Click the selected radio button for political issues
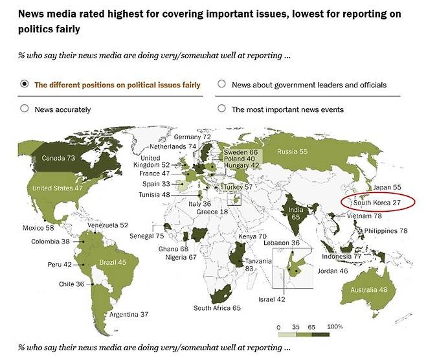(25, 84)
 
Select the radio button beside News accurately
(25, 109)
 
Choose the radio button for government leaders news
(221, 84)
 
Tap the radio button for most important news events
(221, 109)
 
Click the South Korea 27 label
(377, 203)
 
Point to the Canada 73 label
(58, 158)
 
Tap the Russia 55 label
(293, 152)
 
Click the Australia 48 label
(368, 289)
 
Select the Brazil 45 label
(113, 262)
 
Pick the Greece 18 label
(212, 212)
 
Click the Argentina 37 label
(129, 315)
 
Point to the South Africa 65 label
(217, 308)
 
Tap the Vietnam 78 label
(364, 216)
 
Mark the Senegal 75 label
(147, 236)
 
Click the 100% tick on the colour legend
(335, 326)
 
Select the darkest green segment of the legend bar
(320, 334)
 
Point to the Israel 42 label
(272, 299)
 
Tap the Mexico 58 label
(38, 228)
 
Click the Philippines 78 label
(386, 231)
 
